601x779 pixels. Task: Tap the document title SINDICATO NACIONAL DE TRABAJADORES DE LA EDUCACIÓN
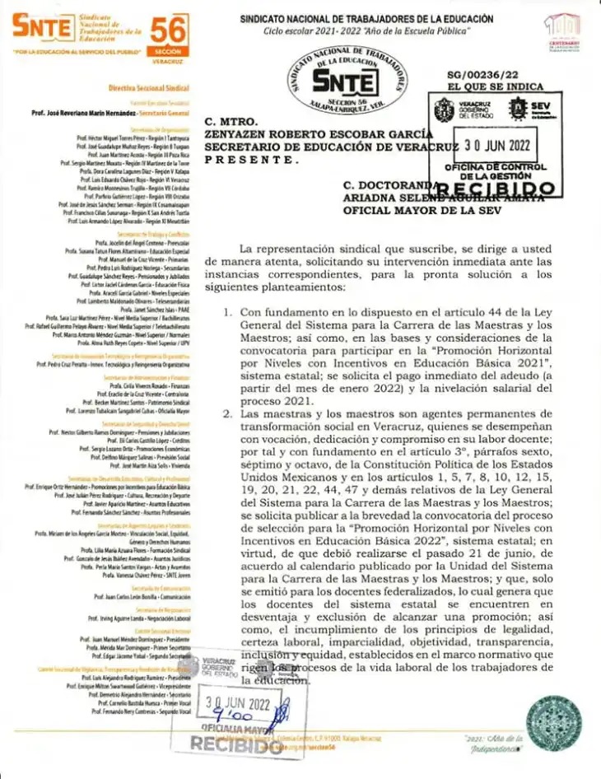[366, 18]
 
